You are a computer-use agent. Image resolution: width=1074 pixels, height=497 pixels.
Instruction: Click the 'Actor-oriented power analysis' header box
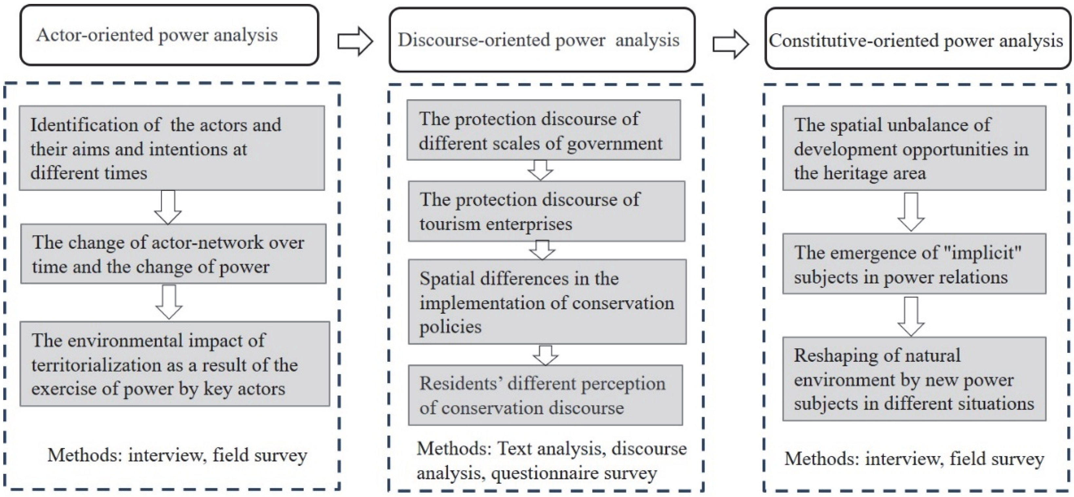(169, 35)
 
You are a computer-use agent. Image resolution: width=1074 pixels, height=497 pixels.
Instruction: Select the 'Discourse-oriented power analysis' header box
(542, 40)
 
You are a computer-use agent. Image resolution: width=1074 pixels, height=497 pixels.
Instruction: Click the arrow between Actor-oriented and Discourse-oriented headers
(355, 41)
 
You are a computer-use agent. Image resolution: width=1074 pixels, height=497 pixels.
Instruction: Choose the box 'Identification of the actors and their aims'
(172, 148)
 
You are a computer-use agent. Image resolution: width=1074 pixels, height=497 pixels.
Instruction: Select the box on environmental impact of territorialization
(175, 364)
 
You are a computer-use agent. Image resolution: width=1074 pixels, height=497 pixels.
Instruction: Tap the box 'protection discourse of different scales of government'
(544, 130)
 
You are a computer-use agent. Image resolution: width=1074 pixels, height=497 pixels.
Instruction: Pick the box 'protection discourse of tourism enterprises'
(546, 211)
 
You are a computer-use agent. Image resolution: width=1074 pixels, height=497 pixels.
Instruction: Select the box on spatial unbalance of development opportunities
(914, 148)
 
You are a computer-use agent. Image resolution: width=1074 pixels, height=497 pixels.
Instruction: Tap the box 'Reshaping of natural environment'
(914, 379)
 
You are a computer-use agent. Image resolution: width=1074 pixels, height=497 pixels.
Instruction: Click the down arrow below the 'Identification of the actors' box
(168, 207)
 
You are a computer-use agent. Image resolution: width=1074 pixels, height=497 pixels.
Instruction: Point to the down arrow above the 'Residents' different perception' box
(545, 355)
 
